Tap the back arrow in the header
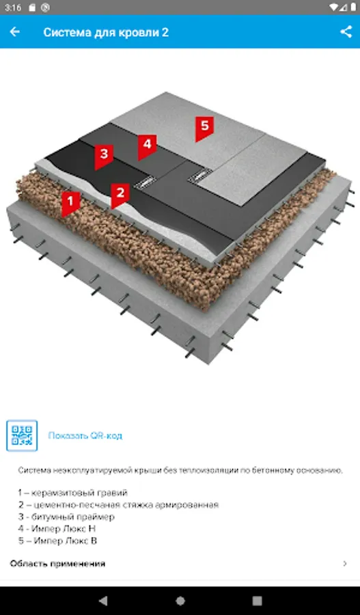click(14, 31)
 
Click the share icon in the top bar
click(346, 31)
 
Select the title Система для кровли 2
click(106, 32)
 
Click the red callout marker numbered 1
click(70, 204)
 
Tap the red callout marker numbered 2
click(120, 195)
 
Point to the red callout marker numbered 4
click(147, 147)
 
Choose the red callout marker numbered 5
click(204, 128)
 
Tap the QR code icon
click(22, 435)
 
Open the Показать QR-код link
click(85, 436)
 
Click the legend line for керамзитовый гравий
click(73, 493)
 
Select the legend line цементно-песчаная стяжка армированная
click(118, 505)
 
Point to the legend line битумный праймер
click(66, 517)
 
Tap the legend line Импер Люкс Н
click(57, 529)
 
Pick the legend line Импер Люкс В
click(57, 541)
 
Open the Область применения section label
click(57, 564)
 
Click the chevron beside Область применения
click(345, 564)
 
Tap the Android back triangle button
click(103, 601)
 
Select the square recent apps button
click(258, 601)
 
